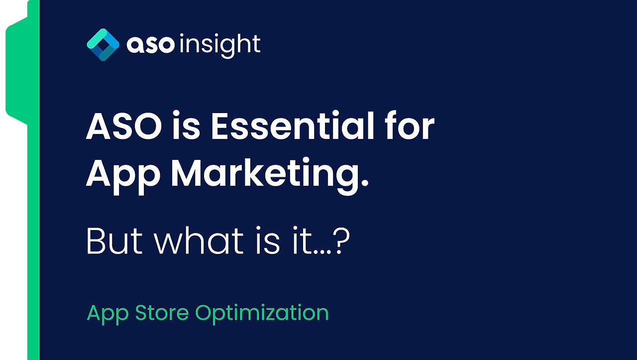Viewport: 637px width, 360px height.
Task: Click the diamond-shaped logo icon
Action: pyautogui.click(x=103, y=45)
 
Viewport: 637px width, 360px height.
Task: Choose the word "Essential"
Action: pyautogui.click(x=291, y=127)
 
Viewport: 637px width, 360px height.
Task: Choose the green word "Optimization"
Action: pyautogui.click(x=262, y=313)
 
